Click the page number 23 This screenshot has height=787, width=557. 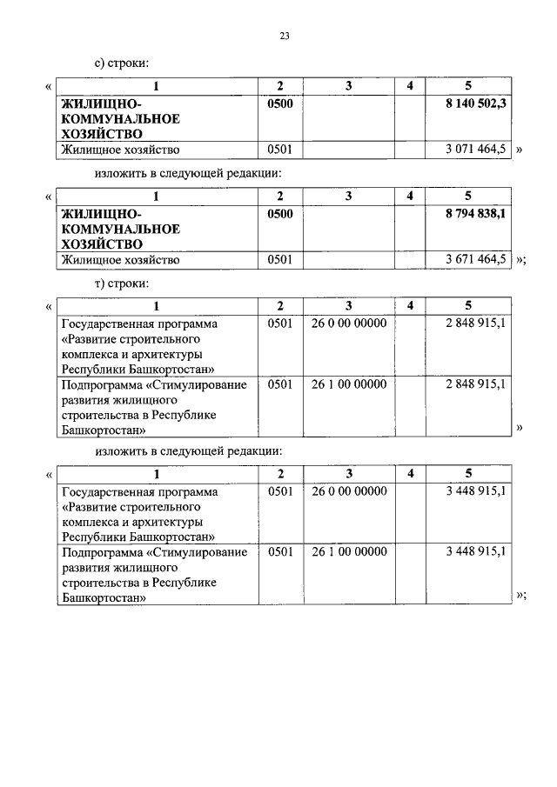coord(285,36)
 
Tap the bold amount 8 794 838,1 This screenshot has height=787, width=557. coord(473,213)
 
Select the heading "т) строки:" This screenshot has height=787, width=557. coord(123,283)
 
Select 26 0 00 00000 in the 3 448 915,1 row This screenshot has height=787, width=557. coord(348,491)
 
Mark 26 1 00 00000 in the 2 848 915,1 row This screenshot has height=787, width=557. coord(348,383)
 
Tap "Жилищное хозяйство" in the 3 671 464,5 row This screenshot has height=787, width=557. coord(119,260)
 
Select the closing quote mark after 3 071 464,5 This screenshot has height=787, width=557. coord(520,150)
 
